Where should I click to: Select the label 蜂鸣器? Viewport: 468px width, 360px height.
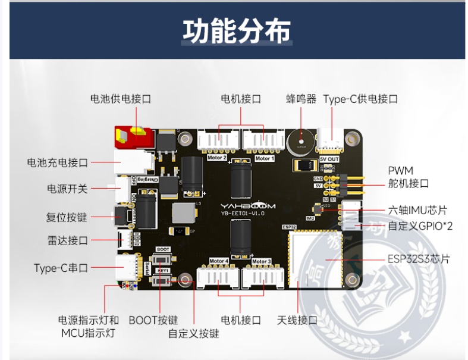pos(301,99)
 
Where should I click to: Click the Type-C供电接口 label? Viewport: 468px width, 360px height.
pos(360,99)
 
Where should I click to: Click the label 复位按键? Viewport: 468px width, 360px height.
pos(67,217)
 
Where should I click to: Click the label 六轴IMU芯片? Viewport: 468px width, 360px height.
pos(417,210)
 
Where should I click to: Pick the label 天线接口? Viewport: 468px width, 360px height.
pos(297,320)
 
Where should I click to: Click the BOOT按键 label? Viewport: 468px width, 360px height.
pos(153,320)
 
